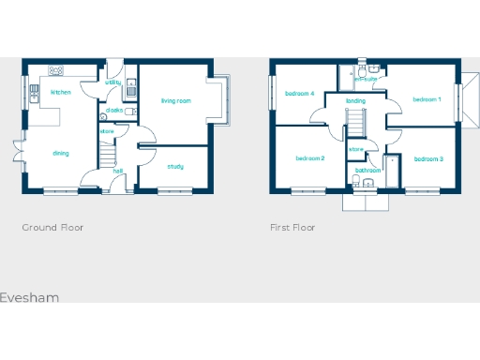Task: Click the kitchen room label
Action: [x=61, y=93]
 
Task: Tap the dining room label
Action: [x=60, y=153]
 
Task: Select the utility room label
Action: [x=112, y=82]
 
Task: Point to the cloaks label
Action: [x=114, y=110]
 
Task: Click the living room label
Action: [x=175, y=100]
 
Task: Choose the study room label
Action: [x=175, y=167]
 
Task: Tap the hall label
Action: [x=118, y=171]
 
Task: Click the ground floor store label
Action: [x=107, y=132]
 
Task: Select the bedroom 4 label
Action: [x=299, y=93]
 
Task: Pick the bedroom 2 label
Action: [x=309, y=158]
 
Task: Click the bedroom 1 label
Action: [x=427, y=98]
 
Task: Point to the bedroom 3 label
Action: [x=428, y=158]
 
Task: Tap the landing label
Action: [x=355, y=100]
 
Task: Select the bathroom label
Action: [x=367, y=171]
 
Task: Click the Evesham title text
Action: [x=29, y=297]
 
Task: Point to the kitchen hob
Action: [x=56, y=70]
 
